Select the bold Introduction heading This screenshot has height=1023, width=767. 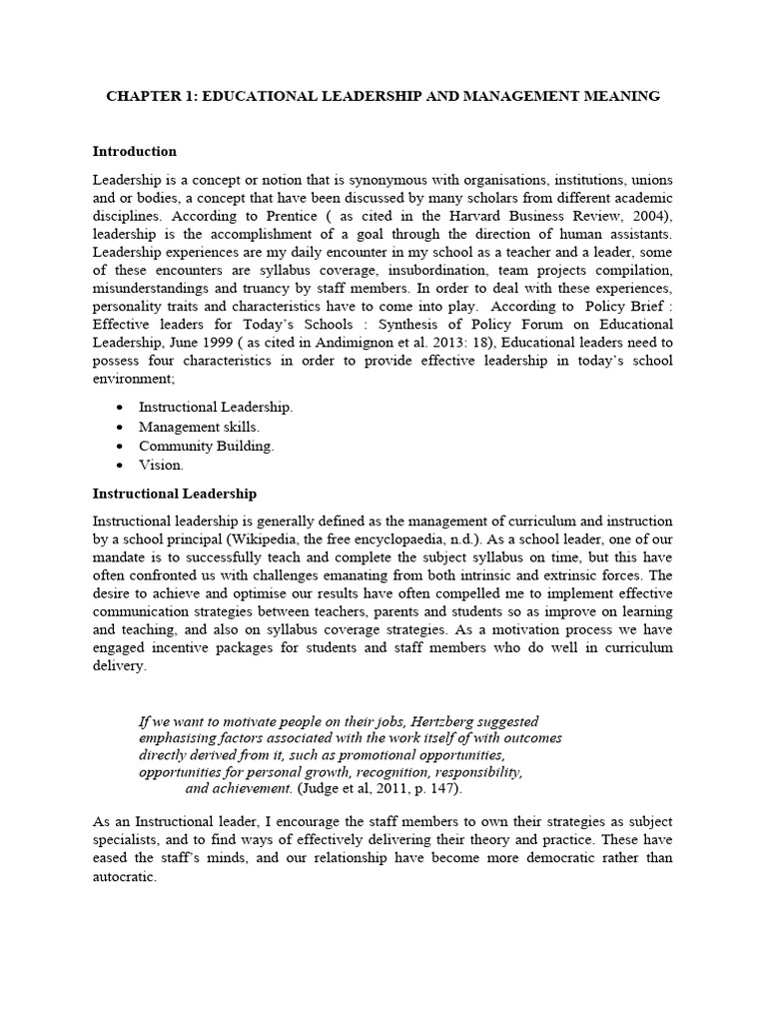tap(135, 152)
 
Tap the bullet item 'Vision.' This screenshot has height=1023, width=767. tap(161, 465)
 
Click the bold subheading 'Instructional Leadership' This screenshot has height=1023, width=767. tap(175, 494)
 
